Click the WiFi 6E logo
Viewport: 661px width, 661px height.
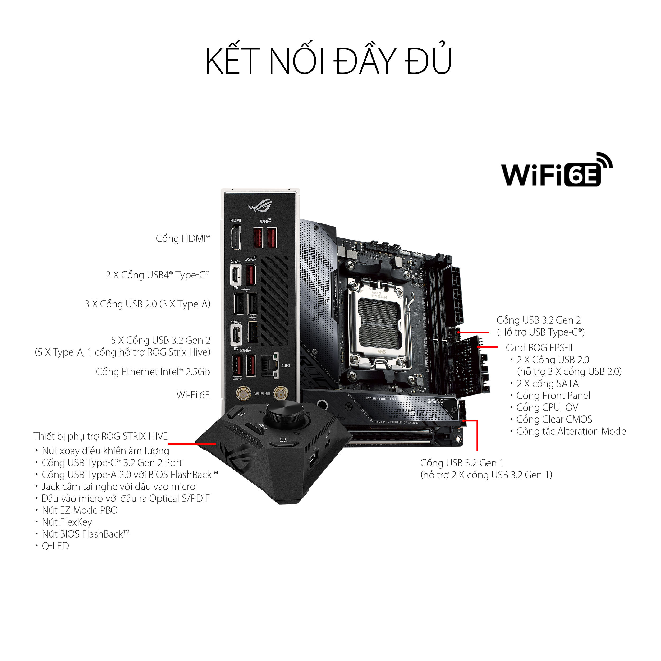(556, 171)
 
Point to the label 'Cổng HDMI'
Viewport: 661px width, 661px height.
(183, 238)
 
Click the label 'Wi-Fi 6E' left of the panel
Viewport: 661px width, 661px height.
(193, 395)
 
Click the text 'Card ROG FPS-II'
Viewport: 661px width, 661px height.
(539, 348)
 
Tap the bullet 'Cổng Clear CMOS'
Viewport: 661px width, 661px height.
(554, 419)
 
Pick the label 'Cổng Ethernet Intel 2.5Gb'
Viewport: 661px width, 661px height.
(153, 372)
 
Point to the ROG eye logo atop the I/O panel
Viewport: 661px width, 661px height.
(260, 206)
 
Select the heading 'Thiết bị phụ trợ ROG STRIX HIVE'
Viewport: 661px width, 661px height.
(100, 437)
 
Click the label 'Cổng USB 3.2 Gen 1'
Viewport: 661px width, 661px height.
(462, 463)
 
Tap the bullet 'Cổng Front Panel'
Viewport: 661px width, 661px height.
(553, 396)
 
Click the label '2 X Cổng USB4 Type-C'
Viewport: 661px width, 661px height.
(157, 275)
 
